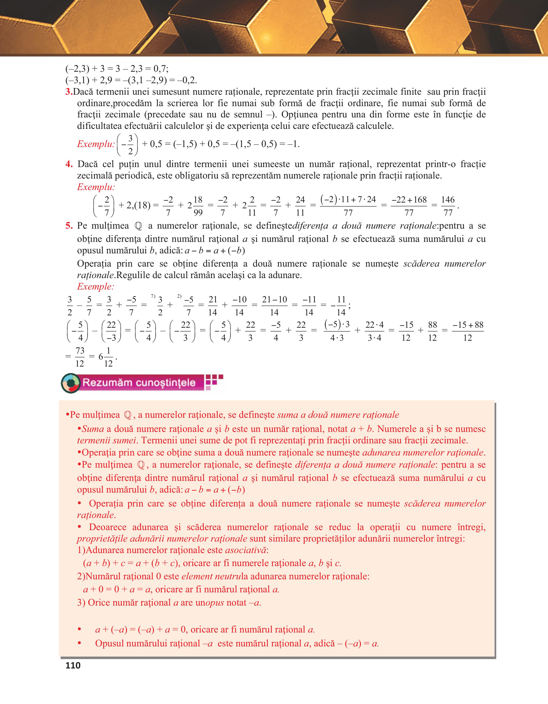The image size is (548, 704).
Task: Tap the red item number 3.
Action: (69, 92)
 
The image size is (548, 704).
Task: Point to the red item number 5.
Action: (69, 226)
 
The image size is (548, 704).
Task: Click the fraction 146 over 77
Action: (448, 206)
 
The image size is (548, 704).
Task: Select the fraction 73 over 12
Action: (80, 357)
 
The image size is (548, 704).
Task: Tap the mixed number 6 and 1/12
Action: (106, 357)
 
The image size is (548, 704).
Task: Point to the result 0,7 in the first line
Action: (160, 69)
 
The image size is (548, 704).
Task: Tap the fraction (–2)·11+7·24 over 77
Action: (348, 206)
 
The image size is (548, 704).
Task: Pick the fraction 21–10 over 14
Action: (274, 306)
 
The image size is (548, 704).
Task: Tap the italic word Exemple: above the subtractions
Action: (95, 286)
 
